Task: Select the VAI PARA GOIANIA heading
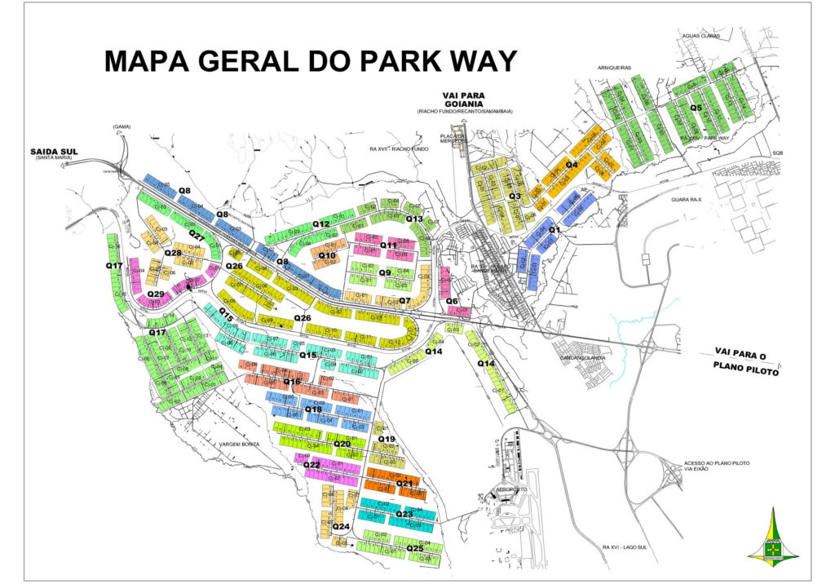(459, 100)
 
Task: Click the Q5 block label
(696, 107)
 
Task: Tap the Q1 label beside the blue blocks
(554, 230)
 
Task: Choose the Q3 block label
(515, 196)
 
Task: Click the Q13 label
(414, 219)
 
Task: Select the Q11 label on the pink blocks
(388, 245)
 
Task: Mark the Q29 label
(156, 294)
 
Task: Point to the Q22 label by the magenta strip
(311, 465)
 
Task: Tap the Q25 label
(415, 548)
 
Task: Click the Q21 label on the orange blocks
(404, 484)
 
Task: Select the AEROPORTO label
(508, 489)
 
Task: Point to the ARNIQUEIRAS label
(614, 68)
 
